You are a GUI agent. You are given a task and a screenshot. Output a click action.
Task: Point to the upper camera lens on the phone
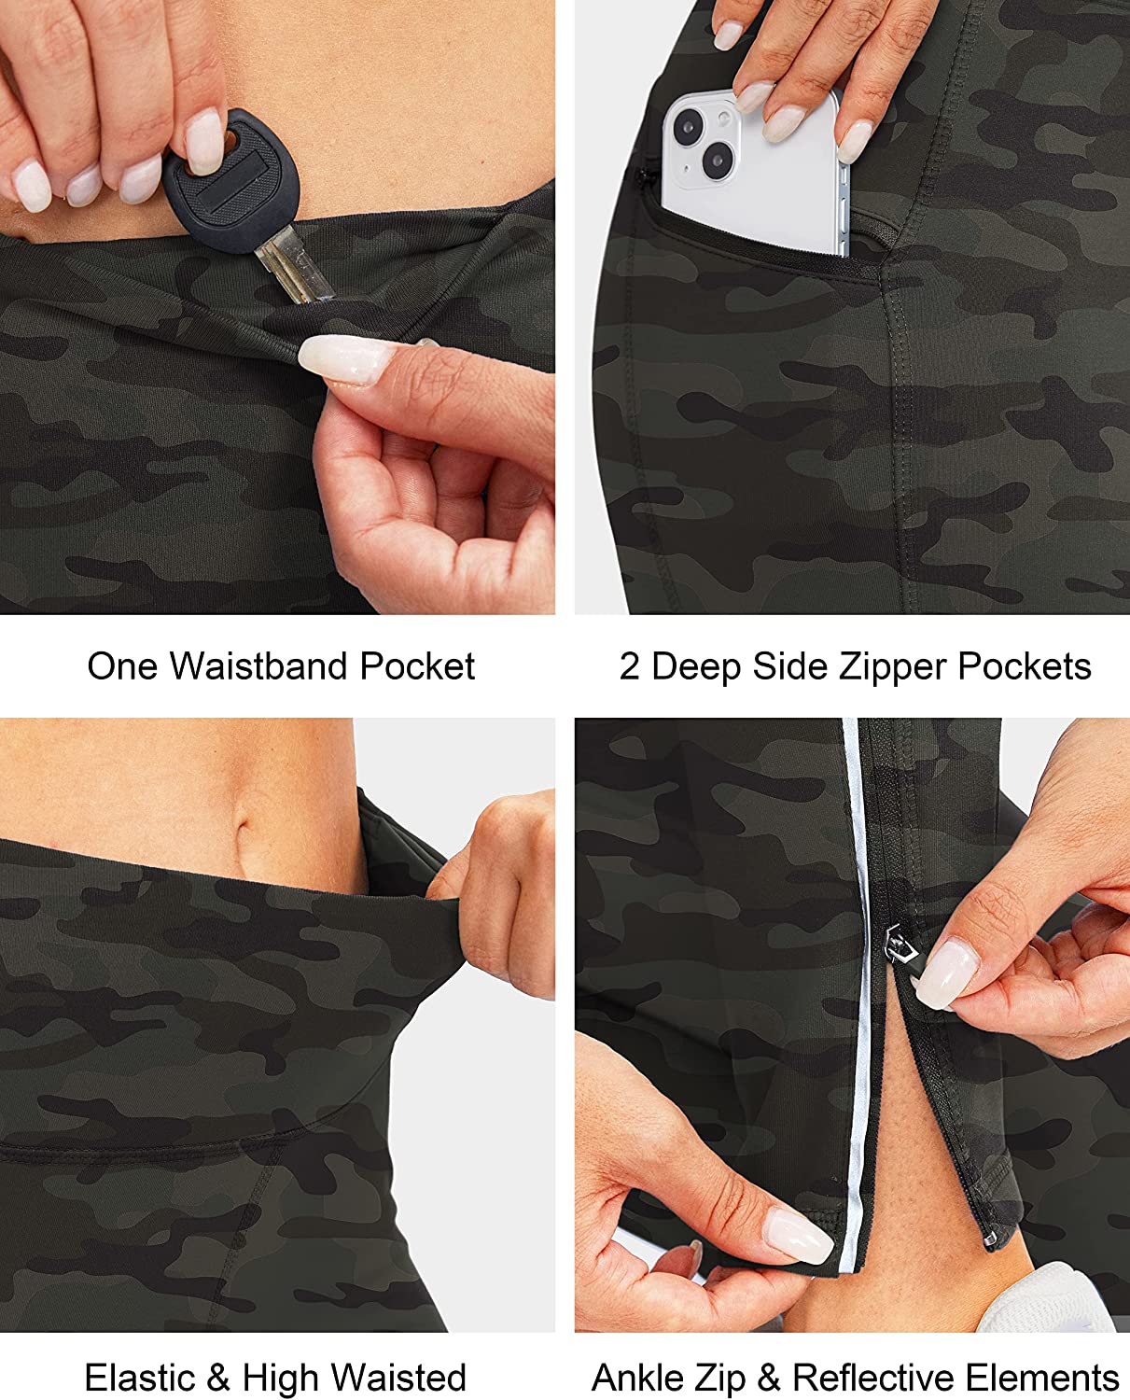point(688,126)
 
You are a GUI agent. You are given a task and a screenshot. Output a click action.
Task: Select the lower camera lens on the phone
point(718,159)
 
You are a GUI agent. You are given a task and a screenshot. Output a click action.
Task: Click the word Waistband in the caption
point(258,666)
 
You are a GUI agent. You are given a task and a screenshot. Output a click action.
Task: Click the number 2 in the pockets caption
point(629,667)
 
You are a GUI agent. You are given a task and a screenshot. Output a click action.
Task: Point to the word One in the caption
point(122,666)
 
